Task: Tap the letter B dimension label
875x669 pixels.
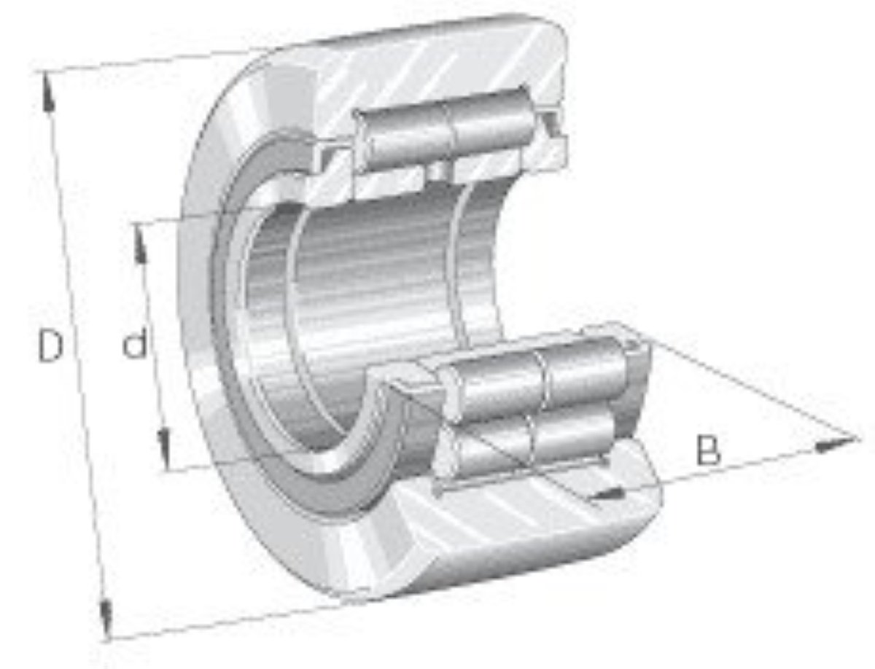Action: click(x=708, y=450)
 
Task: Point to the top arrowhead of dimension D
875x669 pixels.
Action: click(x=48, y=91)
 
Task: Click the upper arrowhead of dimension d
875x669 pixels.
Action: click(x=139, y=244)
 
